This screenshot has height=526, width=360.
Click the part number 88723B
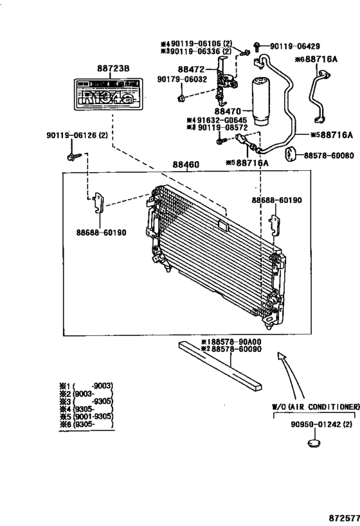coord(113,68)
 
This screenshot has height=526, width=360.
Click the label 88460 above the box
coord(186,164)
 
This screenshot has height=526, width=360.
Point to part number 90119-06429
coord(296,46)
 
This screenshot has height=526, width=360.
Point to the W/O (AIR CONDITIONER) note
coord(314,407)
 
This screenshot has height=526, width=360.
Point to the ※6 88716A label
coord(316,60)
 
